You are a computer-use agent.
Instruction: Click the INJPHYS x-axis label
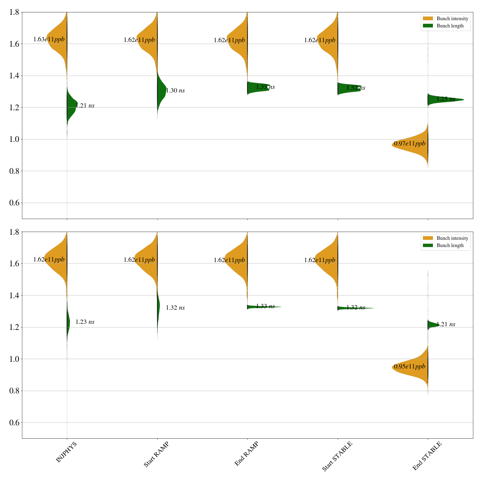coord(66,452)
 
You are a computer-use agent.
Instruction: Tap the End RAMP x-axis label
coord(246,454)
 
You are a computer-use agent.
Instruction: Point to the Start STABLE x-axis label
coord(337,456)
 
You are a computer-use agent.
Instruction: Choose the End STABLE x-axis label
coord(427,456)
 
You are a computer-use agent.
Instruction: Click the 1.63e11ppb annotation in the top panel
coord(49,39)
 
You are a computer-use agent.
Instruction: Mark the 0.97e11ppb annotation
coord(410,144)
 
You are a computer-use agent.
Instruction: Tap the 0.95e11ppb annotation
coord(410,367)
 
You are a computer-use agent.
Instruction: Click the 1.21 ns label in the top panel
coord(85,106)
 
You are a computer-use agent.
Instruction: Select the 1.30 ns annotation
coord(175,91)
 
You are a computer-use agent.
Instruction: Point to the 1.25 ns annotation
coord(446,99)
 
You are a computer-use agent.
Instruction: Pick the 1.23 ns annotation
coord(85,322)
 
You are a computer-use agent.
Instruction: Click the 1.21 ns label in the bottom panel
coord(446,324)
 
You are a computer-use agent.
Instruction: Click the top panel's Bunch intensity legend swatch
coord(428,19)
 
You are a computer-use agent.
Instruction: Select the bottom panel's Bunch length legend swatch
coord(428,246)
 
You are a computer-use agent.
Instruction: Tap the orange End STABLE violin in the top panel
coord(416,145)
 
